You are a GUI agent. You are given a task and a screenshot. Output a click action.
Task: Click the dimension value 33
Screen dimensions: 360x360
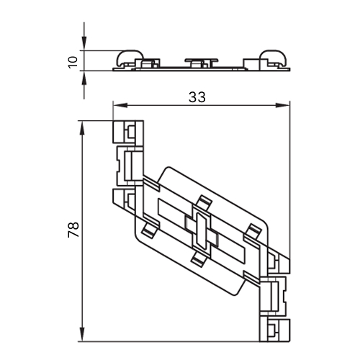tap(197, 97)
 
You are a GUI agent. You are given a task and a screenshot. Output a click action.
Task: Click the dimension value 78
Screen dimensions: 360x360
tap(73, 230)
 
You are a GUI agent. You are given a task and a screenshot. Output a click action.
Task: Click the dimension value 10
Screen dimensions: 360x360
tap(73, 62)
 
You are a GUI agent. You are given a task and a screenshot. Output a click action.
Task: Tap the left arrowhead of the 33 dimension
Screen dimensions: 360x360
tap(120, 105)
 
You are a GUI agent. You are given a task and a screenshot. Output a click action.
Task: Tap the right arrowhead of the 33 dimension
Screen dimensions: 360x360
tap(282, 105)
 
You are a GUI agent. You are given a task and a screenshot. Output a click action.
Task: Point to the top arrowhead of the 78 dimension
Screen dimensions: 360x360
tap(82, 128)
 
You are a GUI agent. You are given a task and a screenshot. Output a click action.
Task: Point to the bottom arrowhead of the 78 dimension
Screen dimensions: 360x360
tap(82, 334)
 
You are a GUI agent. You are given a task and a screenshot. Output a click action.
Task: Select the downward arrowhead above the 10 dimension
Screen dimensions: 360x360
tap(84, 43)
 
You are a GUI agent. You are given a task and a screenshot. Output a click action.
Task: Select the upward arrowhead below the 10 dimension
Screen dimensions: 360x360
tap(84, 78)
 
